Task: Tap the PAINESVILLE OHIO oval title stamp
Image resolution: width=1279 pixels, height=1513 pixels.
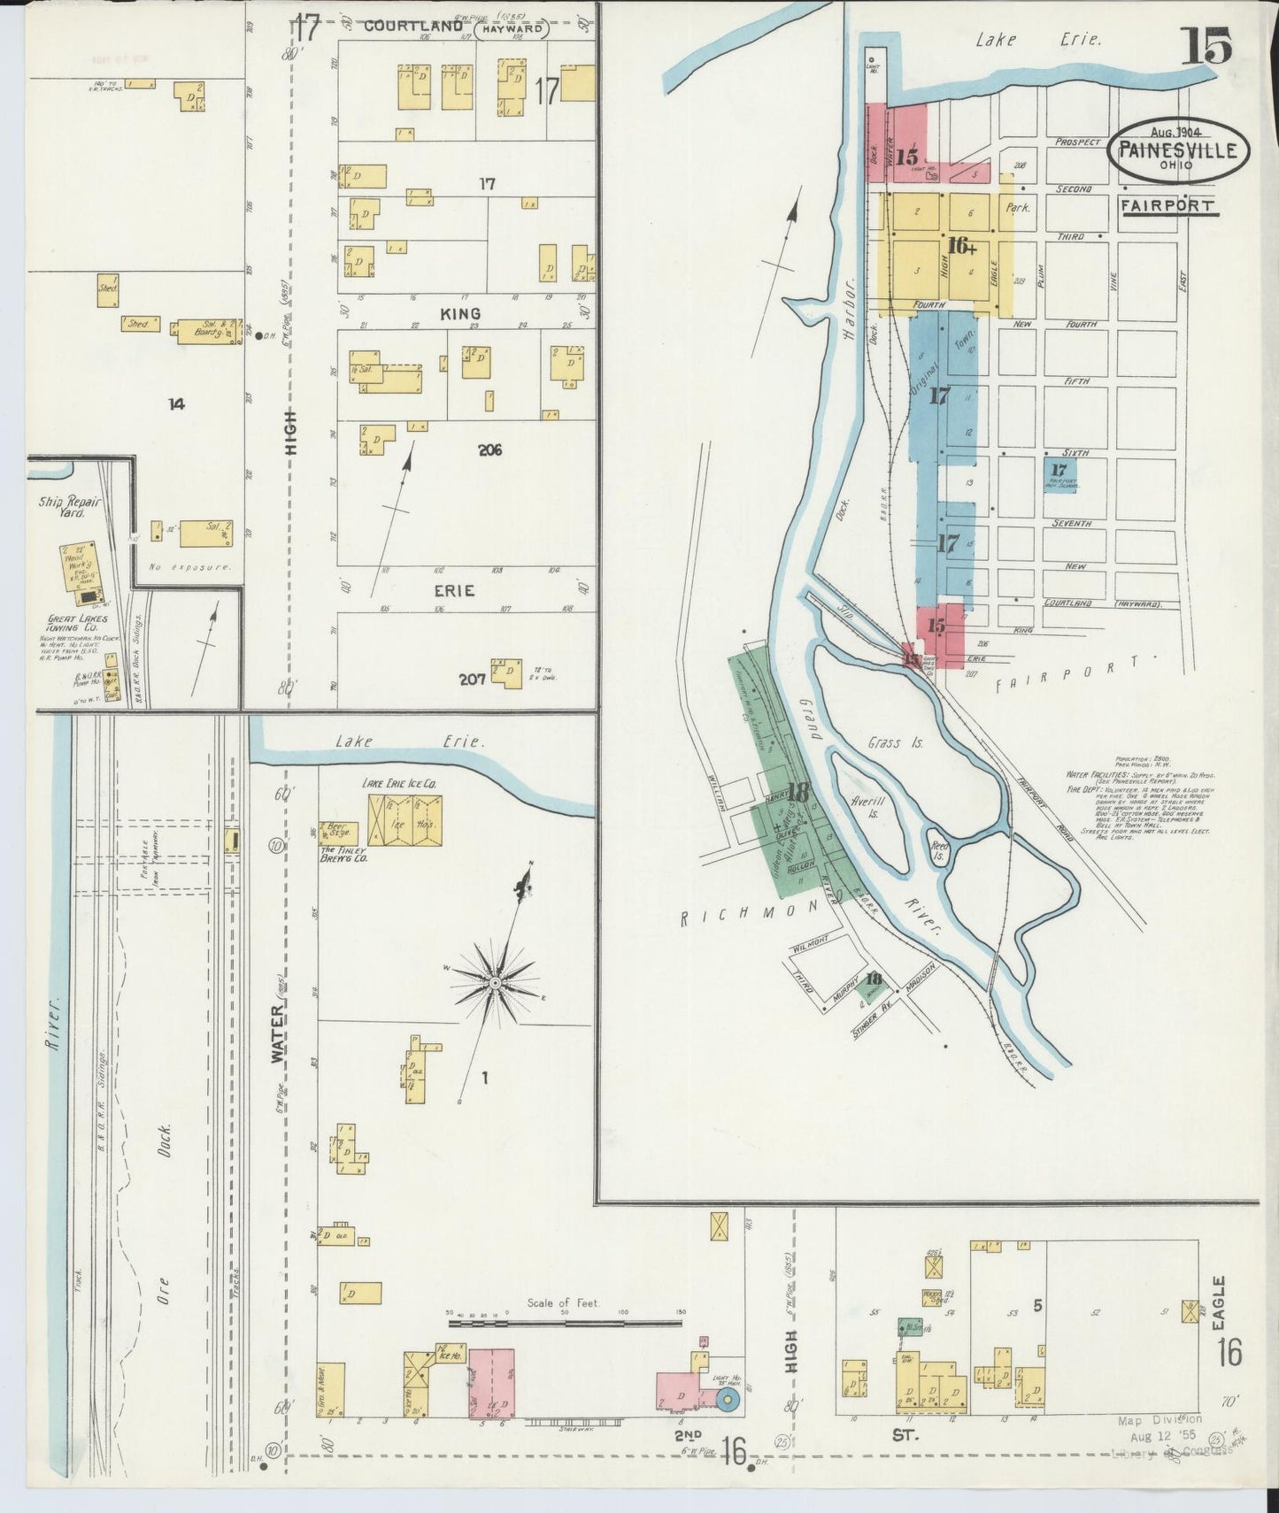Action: click(x=1178, y=151)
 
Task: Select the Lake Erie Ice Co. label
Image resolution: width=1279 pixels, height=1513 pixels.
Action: click(x=399, y=784)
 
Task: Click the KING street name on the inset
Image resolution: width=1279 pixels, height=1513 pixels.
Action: click(x=459, y=313)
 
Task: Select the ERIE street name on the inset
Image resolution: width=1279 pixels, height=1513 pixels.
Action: click(x=454, y=590)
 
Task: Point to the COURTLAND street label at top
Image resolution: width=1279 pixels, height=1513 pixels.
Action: click(x=414, y=27)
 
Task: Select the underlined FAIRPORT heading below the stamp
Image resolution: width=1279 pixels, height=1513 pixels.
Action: click(x=1166, y=205)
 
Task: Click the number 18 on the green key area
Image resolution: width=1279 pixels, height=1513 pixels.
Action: click(x=798, y=793)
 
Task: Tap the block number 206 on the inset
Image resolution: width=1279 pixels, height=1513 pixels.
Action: click(x=489, y=450)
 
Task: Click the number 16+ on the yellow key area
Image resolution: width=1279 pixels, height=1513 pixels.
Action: click(x=962, y=245)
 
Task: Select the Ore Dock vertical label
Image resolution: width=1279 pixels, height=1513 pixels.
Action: click(x=166, y=1212)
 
